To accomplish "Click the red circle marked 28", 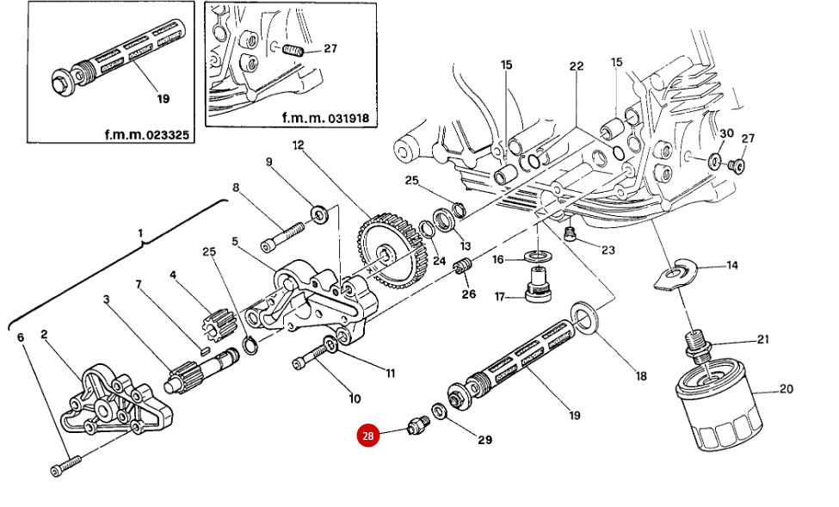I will point(368,436).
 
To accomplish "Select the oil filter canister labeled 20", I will point(717,405).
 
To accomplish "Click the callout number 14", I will point(731,265).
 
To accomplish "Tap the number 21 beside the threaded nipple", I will point(762,338).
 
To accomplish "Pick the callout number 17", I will point(498,298).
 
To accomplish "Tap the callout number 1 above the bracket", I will point(140,233).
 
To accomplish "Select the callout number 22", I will point(576,66).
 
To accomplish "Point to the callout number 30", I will point(725,133).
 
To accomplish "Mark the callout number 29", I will point(484,440).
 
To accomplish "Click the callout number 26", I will point(468,294).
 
